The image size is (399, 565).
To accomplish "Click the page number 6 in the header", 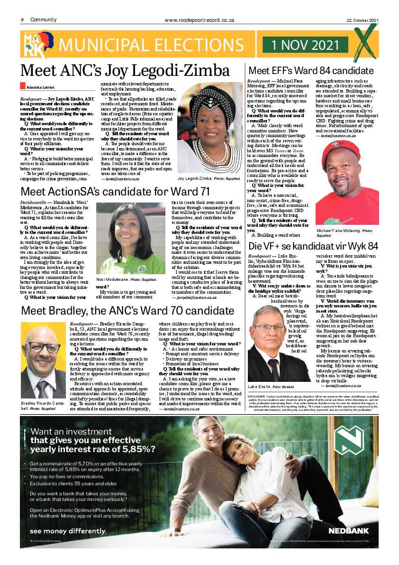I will click(22, 20).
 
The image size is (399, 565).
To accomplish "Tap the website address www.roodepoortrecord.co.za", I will click(199, 20).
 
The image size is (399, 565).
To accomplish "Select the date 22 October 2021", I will click(362, 20).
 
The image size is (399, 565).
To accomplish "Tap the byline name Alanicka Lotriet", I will click(40, 87).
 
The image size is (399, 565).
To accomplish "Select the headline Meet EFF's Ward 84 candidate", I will click(310, 71).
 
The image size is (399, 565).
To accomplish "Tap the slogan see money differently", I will click(61, 531).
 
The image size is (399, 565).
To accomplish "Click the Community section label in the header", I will click(43, 20).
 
